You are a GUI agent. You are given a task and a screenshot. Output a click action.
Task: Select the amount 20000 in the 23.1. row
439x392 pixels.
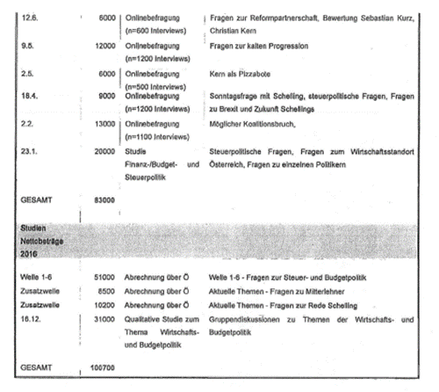coord(104,152)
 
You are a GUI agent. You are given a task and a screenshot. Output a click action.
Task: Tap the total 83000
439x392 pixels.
coord(104,200)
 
